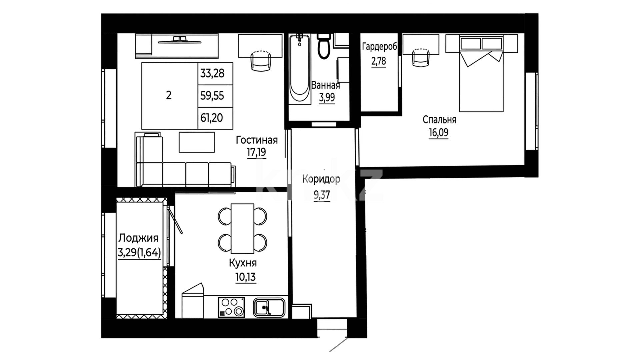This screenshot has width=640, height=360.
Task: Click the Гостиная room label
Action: (257, 140)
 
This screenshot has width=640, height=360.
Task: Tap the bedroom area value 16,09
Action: (438, 132)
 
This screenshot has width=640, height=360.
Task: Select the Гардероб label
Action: (380, 47)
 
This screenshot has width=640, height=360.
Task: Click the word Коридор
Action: (321, 179)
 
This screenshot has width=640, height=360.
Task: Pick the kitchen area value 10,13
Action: (246, 277)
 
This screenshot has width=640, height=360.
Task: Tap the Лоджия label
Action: (138, 238)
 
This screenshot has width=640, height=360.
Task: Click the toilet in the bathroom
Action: (323, 46)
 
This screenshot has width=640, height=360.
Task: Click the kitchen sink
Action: (269, 307)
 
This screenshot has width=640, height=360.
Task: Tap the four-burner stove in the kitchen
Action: (231, 307)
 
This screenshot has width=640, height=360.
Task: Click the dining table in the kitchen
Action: (242, 229)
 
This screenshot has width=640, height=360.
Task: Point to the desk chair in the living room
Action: (261, 61)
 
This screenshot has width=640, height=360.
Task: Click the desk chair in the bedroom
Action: (421, 57)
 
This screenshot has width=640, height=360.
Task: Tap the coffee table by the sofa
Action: (197, 142)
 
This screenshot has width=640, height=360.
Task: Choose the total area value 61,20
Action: (212, 118)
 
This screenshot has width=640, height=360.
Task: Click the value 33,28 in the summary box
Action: (212, 73)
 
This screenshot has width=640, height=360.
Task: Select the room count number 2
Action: (169, 95)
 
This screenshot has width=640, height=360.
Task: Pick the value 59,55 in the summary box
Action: (212, 96)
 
